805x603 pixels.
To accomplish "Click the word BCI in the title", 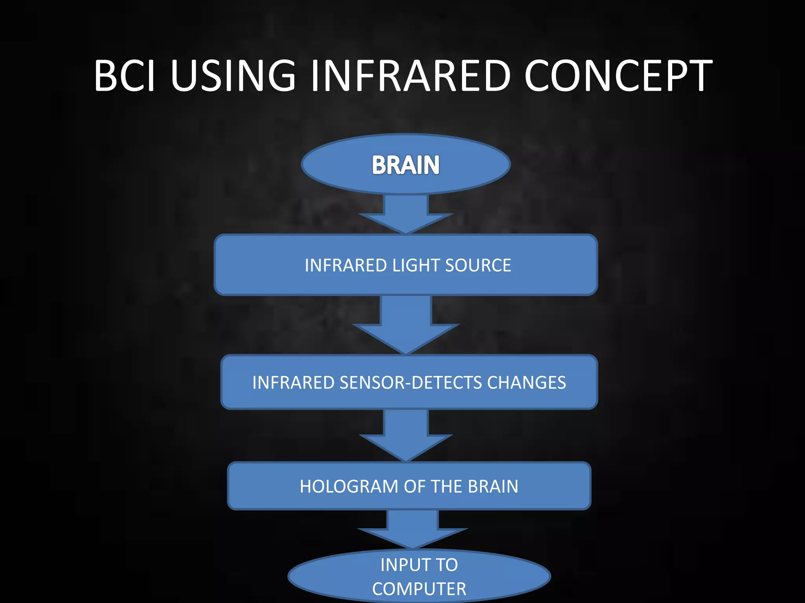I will [x=125, y=75].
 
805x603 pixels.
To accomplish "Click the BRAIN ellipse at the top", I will [x=406, y=164].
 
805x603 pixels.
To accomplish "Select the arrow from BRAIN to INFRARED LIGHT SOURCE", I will [x=406, y=214].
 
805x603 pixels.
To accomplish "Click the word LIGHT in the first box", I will [x=416, y=265].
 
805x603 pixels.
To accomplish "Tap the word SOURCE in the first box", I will [x=478, y=265].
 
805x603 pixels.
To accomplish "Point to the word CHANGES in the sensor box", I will [x=527, y=382].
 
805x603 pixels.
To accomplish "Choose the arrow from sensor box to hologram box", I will [x=406, y=435].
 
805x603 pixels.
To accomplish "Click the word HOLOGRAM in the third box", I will [x=349, y=486].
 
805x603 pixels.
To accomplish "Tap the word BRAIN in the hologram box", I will [x=493, y=486].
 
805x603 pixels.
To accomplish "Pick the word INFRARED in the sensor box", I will [x=293, y=382].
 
